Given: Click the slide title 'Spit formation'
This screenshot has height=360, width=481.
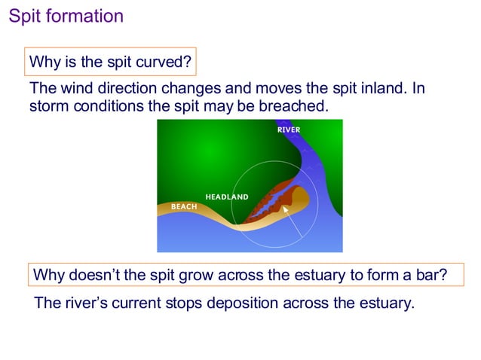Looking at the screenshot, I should point(66,16).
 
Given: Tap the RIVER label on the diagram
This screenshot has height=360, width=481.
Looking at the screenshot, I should point(289,130).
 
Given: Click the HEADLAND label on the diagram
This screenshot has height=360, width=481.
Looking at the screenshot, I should point(226,197).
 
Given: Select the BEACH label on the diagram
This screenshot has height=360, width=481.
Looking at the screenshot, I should point(184,206).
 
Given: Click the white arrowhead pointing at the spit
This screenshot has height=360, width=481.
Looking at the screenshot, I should point(286,209).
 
